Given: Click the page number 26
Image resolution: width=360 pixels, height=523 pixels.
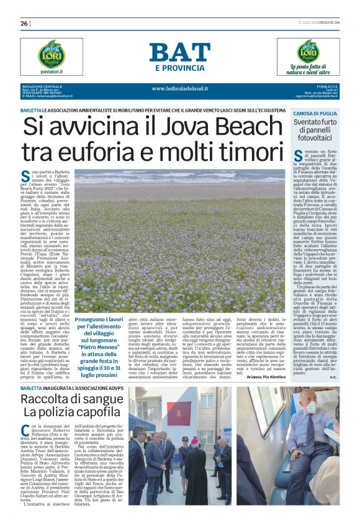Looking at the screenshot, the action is [x=24, y=24].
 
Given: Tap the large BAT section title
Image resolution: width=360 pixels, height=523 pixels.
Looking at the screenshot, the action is [x=179, y=52].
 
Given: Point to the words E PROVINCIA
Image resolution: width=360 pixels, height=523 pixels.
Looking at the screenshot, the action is [x=179, y=68].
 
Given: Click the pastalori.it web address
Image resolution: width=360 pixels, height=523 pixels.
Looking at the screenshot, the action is [x=51, y=72].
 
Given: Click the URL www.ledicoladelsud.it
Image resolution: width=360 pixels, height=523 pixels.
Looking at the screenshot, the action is [x=179, y=88].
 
